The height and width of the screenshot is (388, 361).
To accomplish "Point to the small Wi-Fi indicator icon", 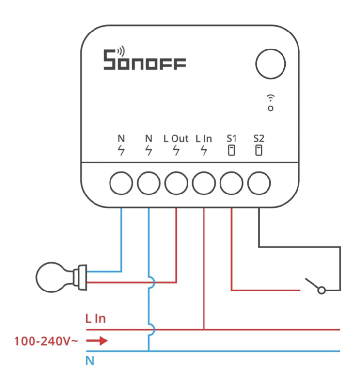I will click(271, 101).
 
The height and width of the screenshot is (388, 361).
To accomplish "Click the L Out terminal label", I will click(176, 139).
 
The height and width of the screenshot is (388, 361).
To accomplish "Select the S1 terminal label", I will click(231, 139).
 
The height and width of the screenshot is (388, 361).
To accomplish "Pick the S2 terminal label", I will click(259, 139).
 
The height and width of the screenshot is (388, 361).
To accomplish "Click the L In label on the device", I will click(204, 139).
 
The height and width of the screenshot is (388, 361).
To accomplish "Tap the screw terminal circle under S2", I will click(259, 183).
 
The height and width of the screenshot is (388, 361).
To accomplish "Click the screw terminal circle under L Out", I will click(176, 183).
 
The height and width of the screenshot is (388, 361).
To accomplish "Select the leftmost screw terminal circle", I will click(121, 183).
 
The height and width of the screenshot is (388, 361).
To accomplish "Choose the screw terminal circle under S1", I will click(232, 183).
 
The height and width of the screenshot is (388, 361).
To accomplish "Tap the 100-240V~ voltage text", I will click(46, 341).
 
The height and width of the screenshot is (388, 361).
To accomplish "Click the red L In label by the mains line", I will click(95, 319).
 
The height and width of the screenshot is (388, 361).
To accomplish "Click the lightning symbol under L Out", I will click(176, 150).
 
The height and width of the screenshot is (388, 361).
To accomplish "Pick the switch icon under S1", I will click(231, 150).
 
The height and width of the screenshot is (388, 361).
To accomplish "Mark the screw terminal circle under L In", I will click(204, 183).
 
